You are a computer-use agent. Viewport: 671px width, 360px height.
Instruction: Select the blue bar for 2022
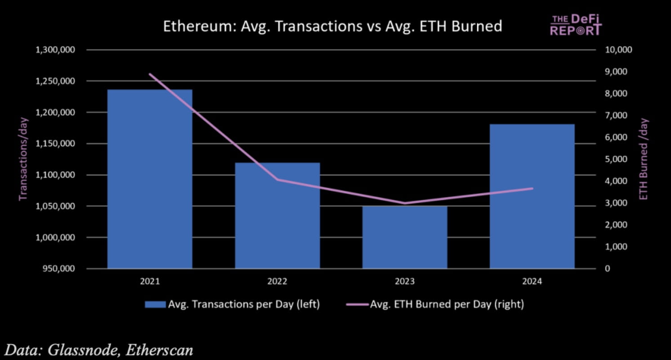[277, 216]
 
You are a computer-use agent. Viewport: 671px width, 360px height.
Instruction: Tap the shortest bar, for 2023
[405, 237]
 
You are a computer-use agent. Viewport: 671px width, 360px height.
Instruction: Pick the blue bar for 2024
[532, 196]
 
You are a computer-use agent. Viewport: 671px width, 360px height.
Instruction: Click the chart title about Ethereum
[332, 26]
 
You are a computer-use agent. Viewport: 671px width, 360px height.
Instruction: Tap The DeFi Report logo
[575, 25]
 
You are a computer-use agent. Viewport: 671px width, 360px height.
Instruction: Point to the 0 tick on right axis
[608, 269]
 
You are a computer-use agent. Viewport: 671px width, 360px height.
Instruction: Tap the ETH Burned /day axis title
[644, 159]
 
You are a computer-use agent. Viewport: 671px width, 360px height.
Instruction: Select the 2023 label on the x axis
[405, 282]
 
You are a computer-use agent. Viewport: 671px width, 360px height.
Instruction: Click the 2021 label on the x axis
[150, 282]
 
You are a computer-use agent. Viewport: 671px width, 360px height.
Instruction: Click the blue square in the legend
[155, 305]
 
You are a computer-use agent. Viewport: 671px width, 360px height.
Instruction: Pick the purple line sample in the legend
[357, 305]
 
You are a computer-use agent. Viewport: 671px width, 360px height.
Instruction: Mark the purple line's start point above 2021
[150, 74]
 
